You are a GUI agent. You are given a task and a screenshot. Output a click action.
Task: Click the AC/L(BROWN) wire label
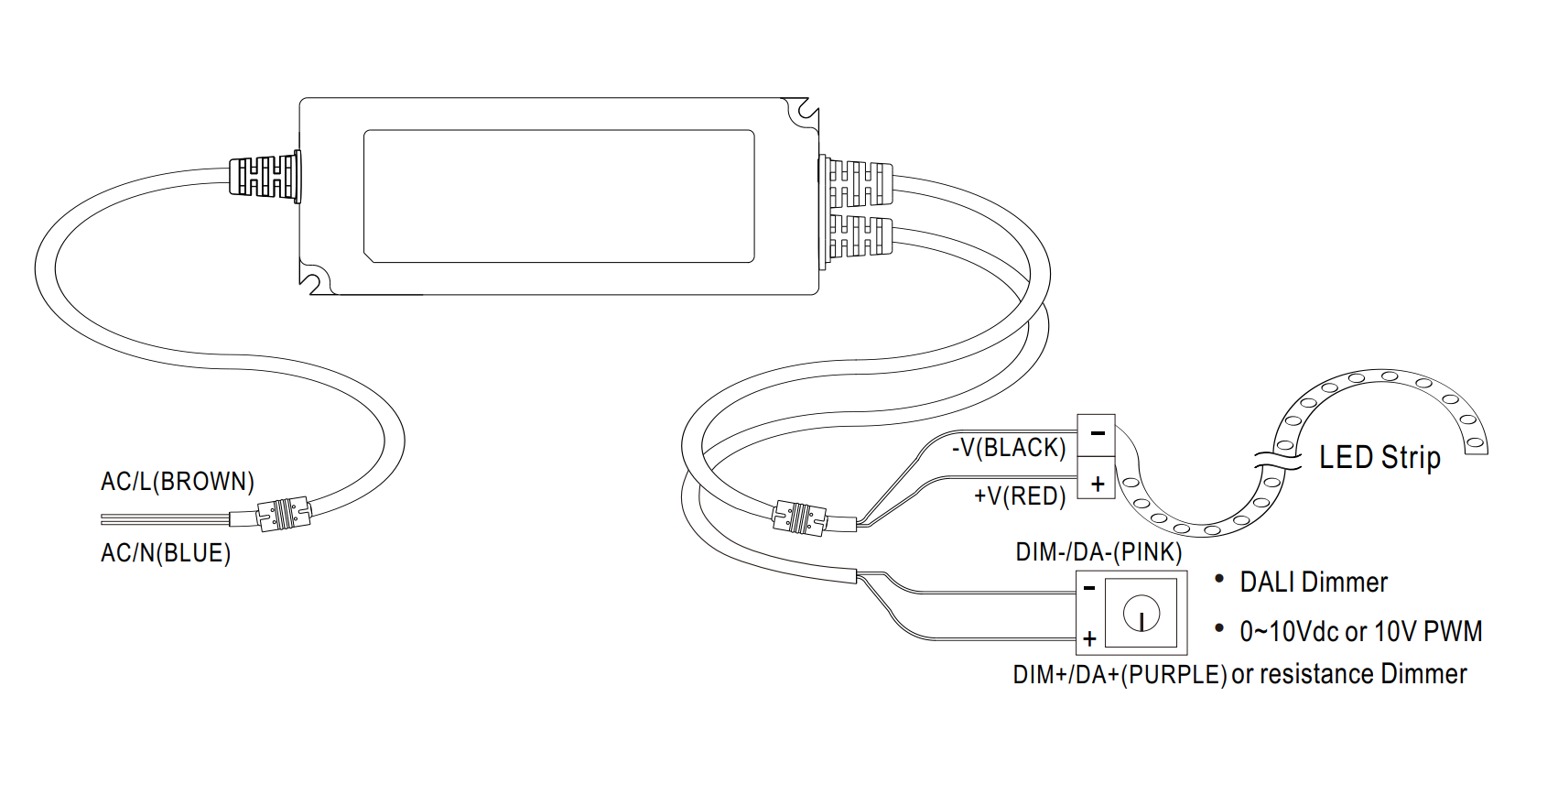(x=178, y=482)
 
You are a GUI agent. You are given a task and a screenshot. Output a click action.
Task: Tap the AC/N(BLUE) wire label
(x=166, y=553)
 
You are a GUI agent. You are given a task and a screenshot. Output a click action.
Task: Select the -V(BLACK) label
(x=1009, y=448)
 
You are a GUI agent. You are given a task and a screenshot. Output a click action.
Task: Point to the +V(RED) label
(x=1020, y=496)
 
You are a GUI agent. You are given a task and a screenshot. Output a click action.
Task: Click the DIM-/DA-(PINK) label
(x=1098, y=552)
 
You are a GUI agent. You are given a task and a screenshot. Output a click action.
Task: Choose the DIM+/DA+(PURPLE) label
(x=1120, y=675)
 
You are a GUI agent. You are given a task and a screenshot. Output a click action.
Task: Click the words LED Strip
(x=1379, y=457)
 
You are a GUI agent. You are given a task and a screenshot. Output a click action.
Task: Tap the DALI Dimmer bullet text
(x=1314, y=583)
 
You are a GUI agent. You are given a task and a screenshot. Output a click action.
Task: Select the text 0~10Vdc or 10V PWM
(x=1360, y=631)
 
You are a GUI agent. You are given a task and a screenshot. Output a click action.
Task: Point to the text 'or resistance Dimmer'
(x=1349, y=675)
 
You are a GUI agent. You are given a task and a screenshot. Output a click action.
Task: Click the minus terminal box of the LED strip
(x=1096, y=434)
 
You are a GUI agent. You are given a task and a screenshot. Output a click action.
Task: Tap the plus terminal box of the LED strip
(x=1096, y=481)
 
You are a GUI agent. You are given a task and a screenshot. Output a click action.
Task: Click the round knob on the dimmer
(x=1141, y=613)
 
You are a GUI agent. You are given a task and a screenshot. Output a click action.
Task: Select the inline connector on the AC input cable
(x=284, y=515)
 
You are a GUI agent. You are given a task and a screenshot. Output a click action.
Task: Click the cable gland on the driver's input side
(x=265, y=177)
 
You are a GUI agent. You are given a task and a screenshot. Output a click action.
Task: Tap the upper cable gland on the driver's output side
(x=857, y=183)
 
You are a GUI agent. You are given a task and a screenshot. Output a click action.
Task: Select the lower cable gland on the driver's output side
(x=857, y=237)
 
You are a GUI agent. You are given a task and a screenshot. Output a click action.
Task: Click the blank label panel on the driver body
(x=558, y=196)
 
